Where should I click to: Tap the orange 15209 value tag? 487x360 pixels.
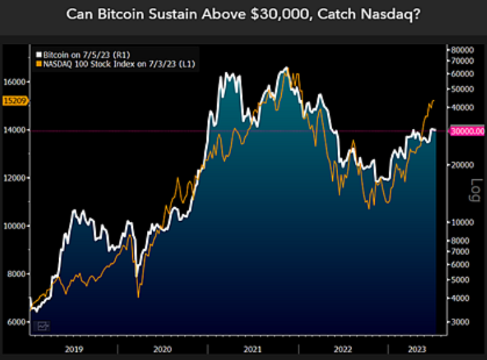pyautogui.click(x=13, y=100)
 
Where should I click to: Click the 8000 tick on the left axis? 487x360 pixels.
pyautogui.click(x=15, y=274)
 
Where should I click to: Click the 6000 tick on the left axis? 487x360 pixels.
pyautogui.click(x=15, y=321)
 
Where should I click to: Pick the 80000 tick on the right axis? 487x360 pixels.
pyautogui.click(x=462, y=50)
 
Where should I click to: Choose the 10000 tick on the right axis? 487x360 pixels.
pyautogui.click(x=462, y=223)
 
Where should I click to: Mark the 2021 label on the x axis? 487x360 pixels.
pyautogui.click(x=252, y=347)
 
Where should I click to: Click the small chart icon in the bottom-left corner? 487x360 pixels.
pyautogui.click(x=43, y=325)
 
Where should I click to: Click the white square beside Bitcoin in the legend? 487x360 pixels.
pyautogui.click(x=39, y=53)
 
